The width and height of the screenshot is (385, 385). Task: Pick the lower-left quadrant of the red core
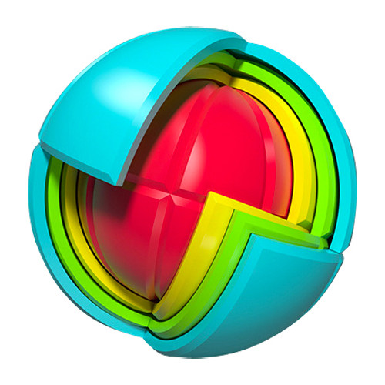(131, 239)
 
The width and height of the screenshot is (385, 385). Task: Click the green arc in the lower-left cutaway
(65, 231)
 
